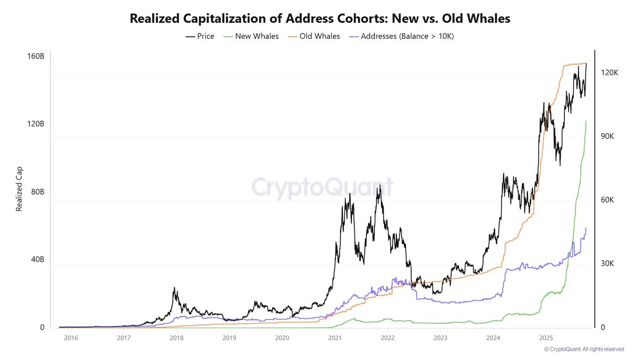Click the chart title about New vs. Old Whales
(320, 19)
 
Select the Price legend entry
(200, 37)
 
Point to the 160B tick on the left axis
(37, 56)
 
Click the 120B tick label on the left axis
(37, 124)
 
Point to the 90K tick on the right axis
(607, 137)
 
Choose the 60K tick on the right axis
(607, 200)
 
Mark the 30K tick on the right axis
(607, 263)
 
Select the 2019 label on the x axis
(229, 338)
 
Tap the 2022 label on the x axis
(388, 338)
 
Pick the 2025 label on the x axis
(546, 338)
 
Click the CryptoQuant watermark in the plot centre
(322, 187)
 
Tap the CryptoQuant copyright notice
(583, 349)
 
